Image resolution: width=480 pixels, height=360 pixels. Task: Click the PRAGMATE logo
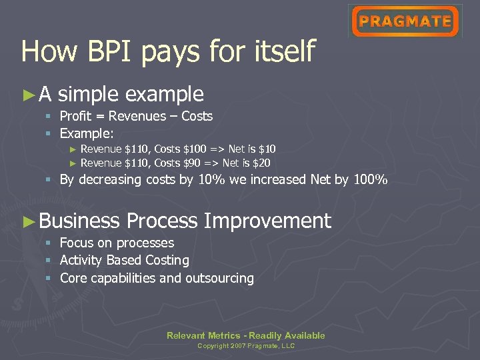coord(405,21)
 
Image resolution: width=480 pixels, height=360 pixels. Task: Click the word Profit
coord(76,116)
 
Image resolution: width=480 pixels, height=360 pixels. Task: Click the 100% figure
coord(370,179)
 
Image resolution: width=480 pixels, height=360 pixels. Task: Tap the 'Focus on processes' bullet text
coord(117,243)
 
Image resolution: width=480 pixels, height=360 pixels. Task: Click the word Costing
coord(167,260)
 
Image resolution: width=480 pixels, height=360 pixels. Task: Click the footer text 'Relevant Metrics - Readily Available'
coord(245,335)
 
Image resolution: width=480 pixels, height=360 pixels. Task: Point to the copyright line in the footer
coord(246,346)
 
